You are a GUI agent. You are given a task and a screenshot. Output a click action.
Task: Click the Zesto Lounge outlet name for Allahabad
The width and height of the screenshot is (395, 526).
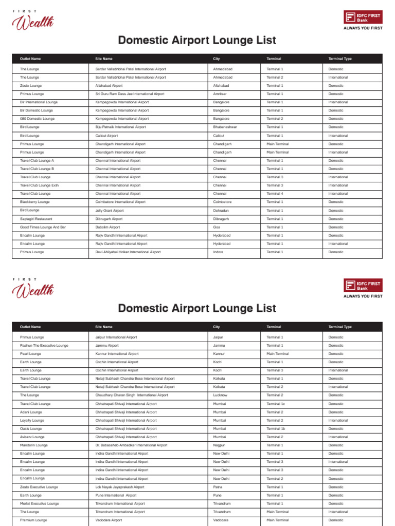tap(31, 86)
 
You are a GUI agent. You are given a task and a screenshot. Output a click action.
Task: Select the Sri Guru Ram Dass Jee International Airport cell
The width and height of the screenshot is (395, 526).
tap(130, 94)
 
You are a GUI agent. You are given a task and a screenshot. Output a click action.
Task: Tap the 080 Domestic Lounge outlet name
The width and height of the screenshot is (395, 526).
tap(37, 119)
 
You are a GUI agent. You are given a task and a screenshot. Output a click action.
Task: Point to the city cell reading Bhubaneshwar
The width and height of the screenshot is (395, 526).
tap(225, 127)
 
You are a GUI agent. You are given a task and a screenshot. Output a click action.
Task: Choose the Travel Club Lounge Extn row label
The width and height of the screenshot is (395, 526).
tap(39, 185)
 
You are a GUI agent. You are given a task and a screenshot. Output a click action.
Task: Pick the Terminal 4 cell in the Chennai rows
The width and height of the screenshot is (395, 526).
tap(275, 194)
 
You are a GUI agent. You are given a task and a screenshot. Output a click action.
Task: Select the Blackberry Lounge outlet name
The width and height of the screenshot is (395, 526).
tap(35, 202)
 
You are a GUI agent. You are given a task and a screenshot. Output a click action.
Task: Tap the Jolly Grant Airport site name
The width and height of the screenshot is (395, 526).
tap(110, 210)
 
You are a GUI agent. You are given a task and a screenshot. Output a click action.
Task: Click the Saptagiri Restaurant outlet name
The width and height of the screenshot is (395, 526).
tap(36, 219)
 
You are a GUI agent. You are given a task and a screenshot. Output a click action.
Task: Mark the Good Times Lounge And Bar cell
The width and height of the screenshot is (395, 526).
tap(43, 227)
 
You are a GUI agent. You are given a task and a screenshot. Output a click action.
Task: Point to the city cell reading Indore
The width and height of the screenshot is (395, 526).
tap(219, 252)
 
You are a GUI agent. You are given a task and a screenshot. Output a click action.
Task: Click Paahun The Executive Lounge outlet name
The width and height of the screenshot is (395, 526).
tap(44, 346)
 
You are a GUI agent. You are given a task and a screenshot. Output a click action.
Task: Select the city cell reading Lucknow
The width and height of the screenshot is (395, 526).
tap(221, 395)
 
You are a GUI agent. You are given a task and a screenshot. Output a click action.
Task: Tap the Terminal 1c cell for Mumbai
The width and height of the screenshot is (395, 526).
tap(276, 404)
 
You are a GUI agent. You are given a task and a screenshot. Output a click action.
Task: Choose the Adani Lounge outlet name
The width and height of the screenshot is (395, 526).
tap(31, 412)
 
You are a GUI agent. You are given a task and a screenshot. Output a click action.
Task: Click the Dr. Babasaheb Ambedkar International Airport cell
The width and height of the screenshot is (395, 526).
tap(131, 445)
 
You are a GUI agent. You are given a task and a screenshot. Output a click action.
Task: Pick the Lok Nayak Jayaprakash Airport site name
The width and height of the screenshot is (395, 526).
tap(120, 487)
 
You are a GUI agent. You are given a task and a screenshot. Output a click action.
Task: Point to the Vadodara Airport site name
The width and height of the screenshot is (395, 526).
tap(109, 520)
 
